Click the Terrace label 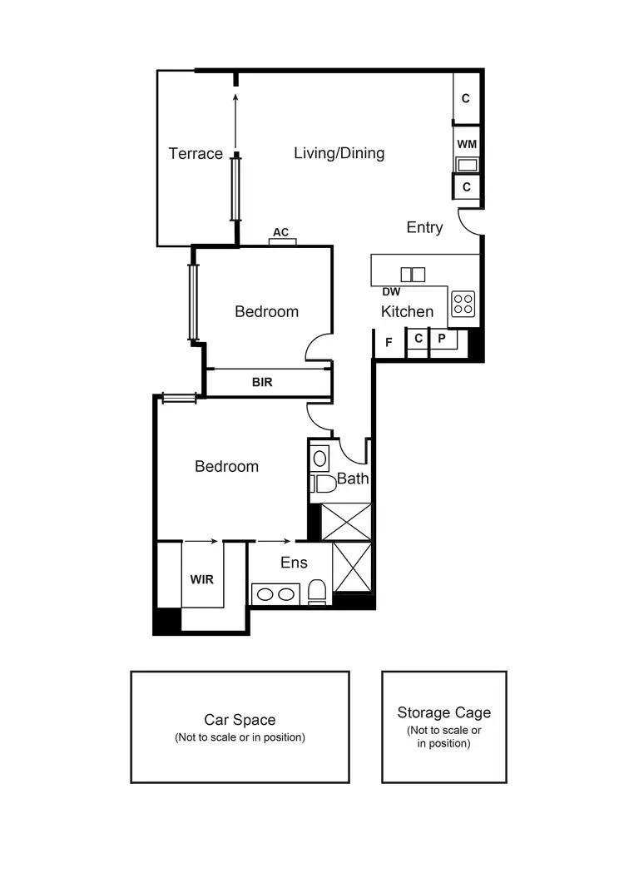coord(196,153)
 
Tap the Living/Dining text coord(339,152)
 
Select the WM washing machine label coord(467,144)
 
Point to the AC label coord(281,232)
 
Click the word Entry coord(424,227)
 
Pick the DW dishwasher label coord(392,292)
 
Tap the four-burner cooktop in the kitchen coord(463,304)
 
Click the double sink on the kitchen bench coord(413,274)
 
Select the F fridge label coord(389,340)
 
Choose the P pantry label coord(442,339)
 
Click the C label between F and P coord(418,339)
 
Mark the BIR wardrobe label coord(262,383)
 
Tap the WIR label coord(201,579)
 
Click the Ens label coord(294,563)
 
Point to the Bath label coord(352,479)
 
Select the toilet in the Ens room coord(317,592)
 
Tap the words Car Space coord(240,720)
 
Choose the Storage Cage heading coord(443,712)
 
